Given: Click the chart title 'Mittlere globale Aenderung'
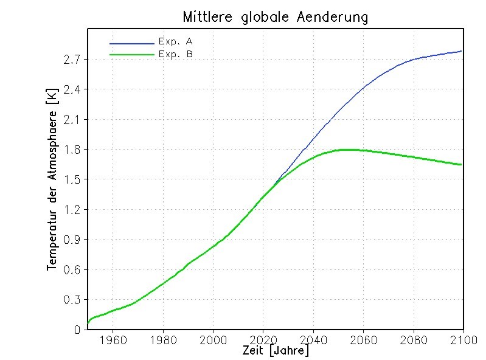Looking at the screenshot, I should pyautogui.click(x=275, y=17).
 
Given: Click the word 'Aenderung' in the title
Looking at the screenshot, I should pyautogui.click(x=334, y=17).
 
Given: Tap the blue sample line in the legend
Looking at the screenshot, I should pyautogui.click(x=132, y=44).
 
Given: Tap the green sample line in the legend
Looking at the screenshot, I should pyautogui.click(x=132, y=55).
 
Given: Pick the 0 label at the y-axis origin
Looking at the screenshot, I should pyautogui.click(x=77, y=330).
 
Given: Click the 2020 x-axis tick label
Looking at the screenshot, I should pyautogui.click(x=263, y=340).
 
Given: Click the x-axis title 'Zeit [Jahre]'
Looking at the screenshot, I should pyautogui.click(x=275, y=351).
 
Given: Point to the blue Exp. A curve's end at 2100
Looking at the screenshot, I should pyautogui.click(x=462, y=51).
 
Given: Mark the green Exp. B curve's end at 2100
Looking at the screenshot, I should pyautogui.click(x=462, y=165).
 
